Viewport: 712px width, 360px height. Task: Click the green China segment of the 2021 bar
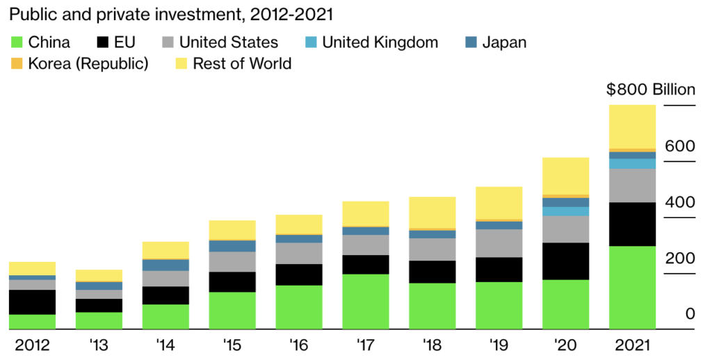[x=632, y=287]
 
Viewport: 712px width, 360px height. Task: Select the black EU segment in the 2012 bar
[x=32, y=302]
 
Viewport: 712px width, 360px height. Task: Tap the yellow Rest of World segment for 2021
[x=632, y=126]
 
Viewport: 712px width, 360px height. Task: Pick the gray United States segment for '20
[x=565, y=229]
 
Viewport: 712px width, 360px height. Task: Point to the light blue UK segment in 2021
[x=632, y=164]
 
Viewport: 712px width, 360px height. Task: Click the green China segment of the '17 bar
[x=365, y=301]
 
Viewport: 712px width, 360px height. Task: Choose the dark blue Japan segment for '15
[x=232, y=246]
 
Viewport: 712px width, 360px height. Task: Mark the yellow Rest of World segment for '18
[x=432, y=212]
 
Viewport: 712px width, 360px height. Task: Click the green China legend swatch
[x=16, y=42]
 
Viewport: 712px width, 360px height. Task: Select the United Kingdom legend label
[x=380, y=42]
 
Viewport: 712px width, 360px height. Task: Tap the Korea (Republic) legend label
[x=88, y=64]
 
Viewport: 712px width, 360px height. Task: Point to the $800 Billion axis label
[x=650, y=90]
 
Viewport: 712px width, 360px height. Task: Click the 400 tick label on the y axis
[x=680, y=202]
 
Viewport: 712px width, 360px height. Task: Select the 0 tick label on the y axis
[x=690, y=314]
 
